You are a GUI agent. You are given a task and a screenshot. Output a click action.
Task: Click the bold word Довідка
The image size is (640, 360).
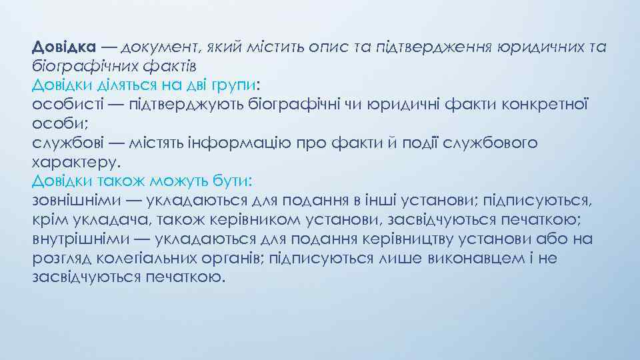click(64, 47)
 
